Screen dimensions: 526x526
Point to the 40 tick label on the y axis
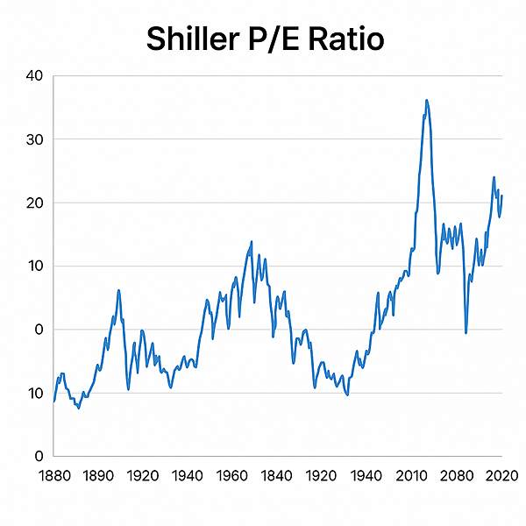[x=34, y=76]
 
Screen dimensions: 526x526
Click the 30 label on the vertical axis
[x=34, y=139]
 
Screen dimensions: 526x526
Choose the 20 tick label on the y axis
[x=34, y=203]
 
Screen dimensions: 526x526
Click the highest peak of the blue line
[x=426, y=100]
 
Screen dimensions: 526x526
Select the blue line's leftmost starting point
[x=54, y=401]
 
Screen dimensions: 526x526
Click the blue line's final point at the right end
[x=501, y=196]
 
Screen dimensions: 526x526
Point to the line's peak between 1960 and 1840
[x=252, y=241]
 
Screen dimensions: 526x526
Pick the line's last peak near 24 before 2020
[x=494, y=177]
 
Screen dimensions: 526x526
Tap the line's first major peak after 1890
[x=118, y=290]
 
